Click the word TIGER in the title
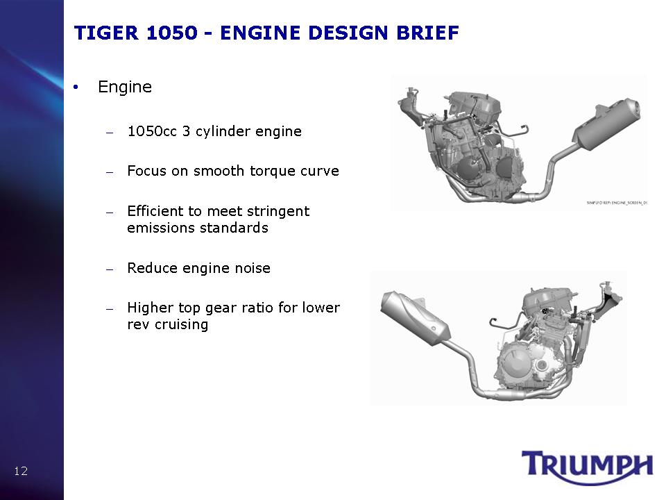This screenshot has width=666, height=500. (106, 33)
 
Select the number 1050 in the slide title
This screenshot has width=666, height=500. (172, 33)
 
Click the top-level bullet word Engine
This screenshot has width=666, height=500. (125, 87)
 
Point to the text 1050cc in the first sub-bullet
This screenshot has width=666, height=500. (152, 131)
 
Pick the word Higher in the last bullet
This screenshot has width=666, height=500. (151, 308)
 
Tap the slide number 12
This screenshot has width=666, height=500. (21, 471)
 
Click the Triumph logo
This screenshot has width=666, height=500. (587, 467)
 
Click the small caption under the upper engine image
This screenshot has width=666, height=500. (617, 203)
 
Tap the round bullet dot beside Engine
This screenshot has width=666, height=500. (76, 87)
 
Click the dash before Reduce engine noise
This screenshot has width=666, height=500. (110, 269)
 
